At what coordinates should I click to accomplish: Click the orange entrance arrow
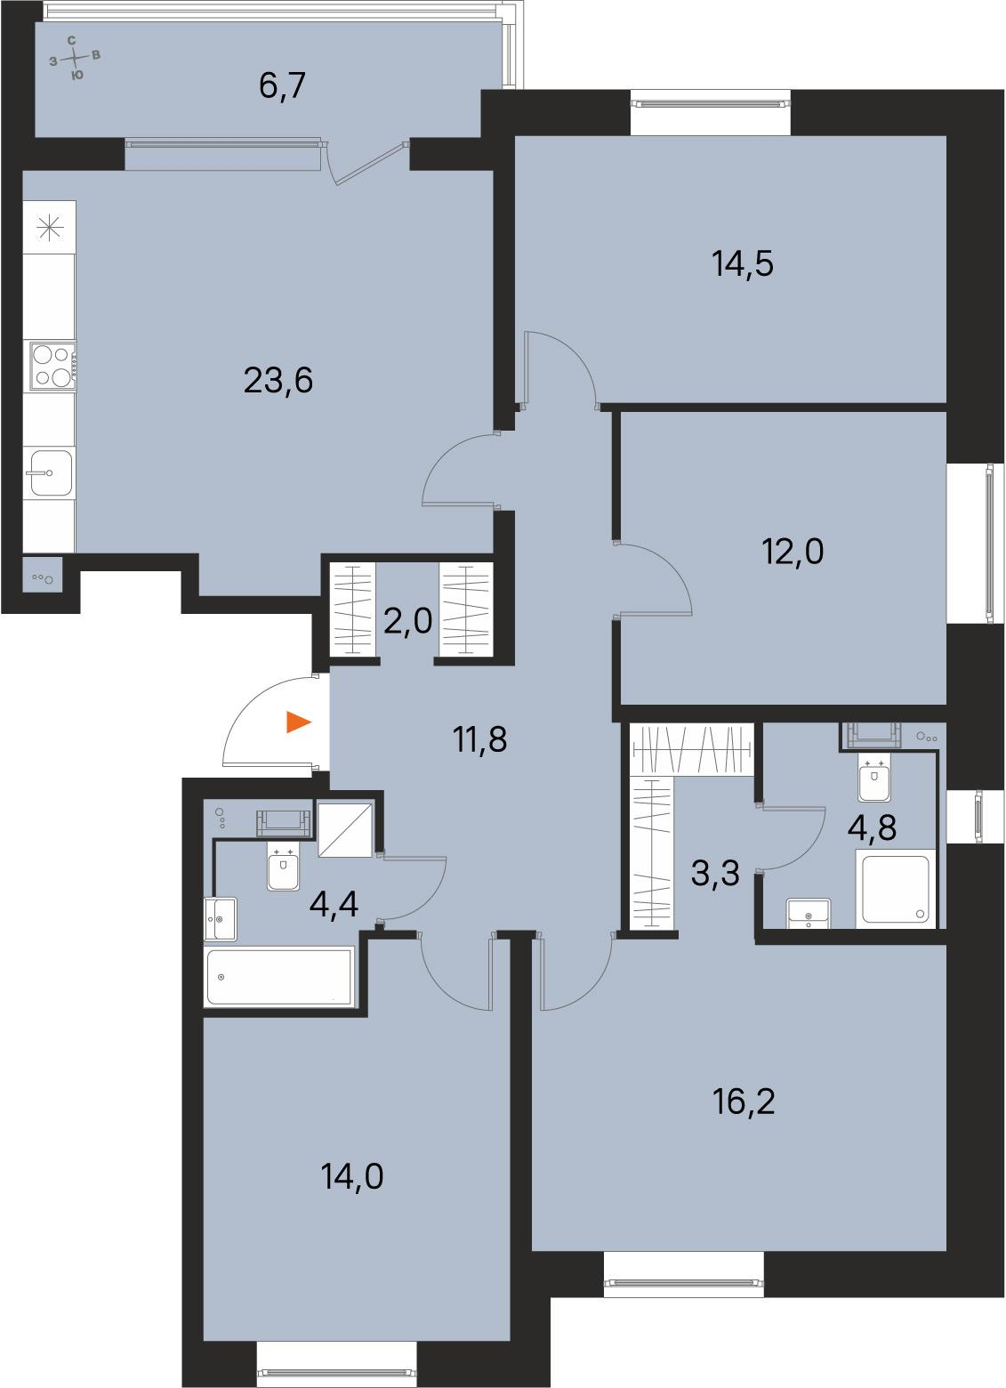coord(299,722)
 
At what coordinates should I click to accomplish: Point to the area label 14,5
coord(743,264)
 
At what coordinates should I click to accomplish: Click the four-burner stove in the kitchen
coord(51,366)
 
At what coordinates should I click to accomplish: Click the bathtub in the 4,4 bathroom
coord(279,977)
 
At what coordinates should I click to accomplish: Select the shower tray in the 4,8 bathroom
coord(895,888)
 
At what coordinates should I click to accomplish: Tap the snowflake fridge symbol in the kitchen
coord(50,228)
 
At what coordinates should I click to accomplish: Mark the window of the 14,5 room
coord(710,103)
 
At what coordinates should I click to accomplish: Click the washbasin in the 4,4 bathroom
coord(221,918)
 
